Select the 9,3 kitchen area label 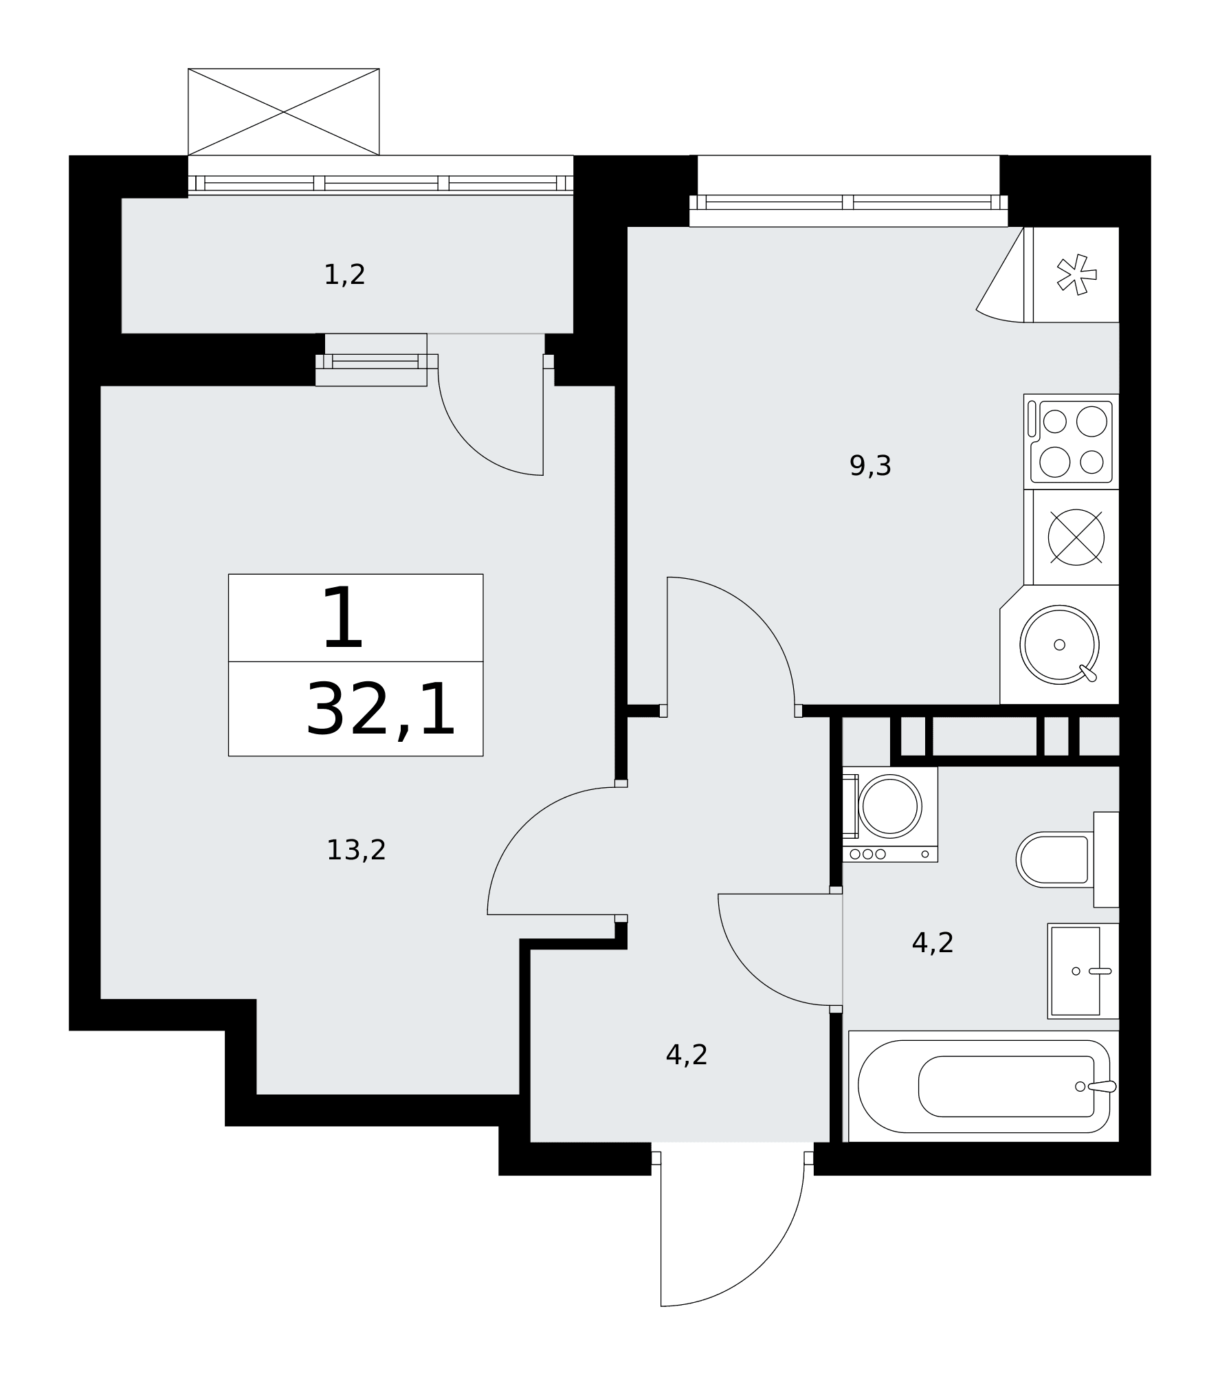(870, 466)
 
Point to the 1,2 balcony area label (344, 275)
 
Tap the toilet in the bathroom (1067, 859)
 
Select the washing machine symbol (890, 814)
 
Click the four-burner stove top (1072, 441)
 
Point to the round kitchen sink (1059, 645)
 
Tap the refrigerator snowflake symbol (1076, 275)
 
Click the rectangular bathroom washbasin (1083, 971)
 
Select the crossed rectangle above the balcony (284, 112)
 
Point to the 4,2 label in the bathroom (933, 943)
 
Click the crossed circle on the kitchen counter (1076, 538)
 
